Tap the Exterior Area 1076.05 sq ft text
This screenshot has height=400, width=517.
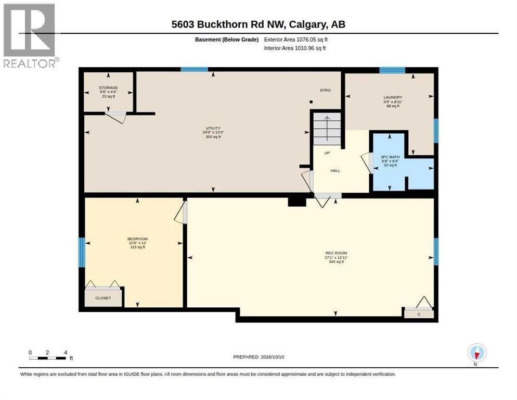pos(296,40)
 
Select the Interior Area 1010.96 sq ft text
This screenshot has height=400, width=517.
pos(295,48)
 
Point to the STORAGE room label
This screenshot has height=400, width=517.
pos(109,88)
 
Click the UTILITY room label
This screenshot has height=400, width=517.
pos(213,128)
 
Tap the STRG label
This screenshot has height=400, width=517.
pos(325,90)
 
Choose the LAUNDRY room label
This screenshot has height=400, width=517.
pos(393,97)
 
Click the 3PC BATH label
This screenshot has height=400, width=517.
pos(390,157)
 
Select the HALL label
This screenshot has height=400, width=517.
pos(335,171)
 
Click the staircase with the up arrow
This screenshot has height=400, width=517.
pos(327,129)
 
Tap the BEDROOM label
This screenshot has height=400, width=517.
pos(137,239)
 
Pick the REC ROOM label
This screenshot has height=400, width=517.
pos(337,253)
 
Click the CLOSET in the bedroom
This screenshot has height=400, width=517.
pos(103,298)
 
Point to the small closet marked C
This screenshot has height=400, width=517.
pos(419,314)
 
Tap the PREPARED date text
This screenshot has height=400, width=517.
pos(258,357)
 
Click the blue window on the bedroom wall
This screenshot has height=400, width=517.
pos(82,253)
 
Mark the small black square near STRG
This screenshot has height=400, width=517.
pos(311,102)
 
